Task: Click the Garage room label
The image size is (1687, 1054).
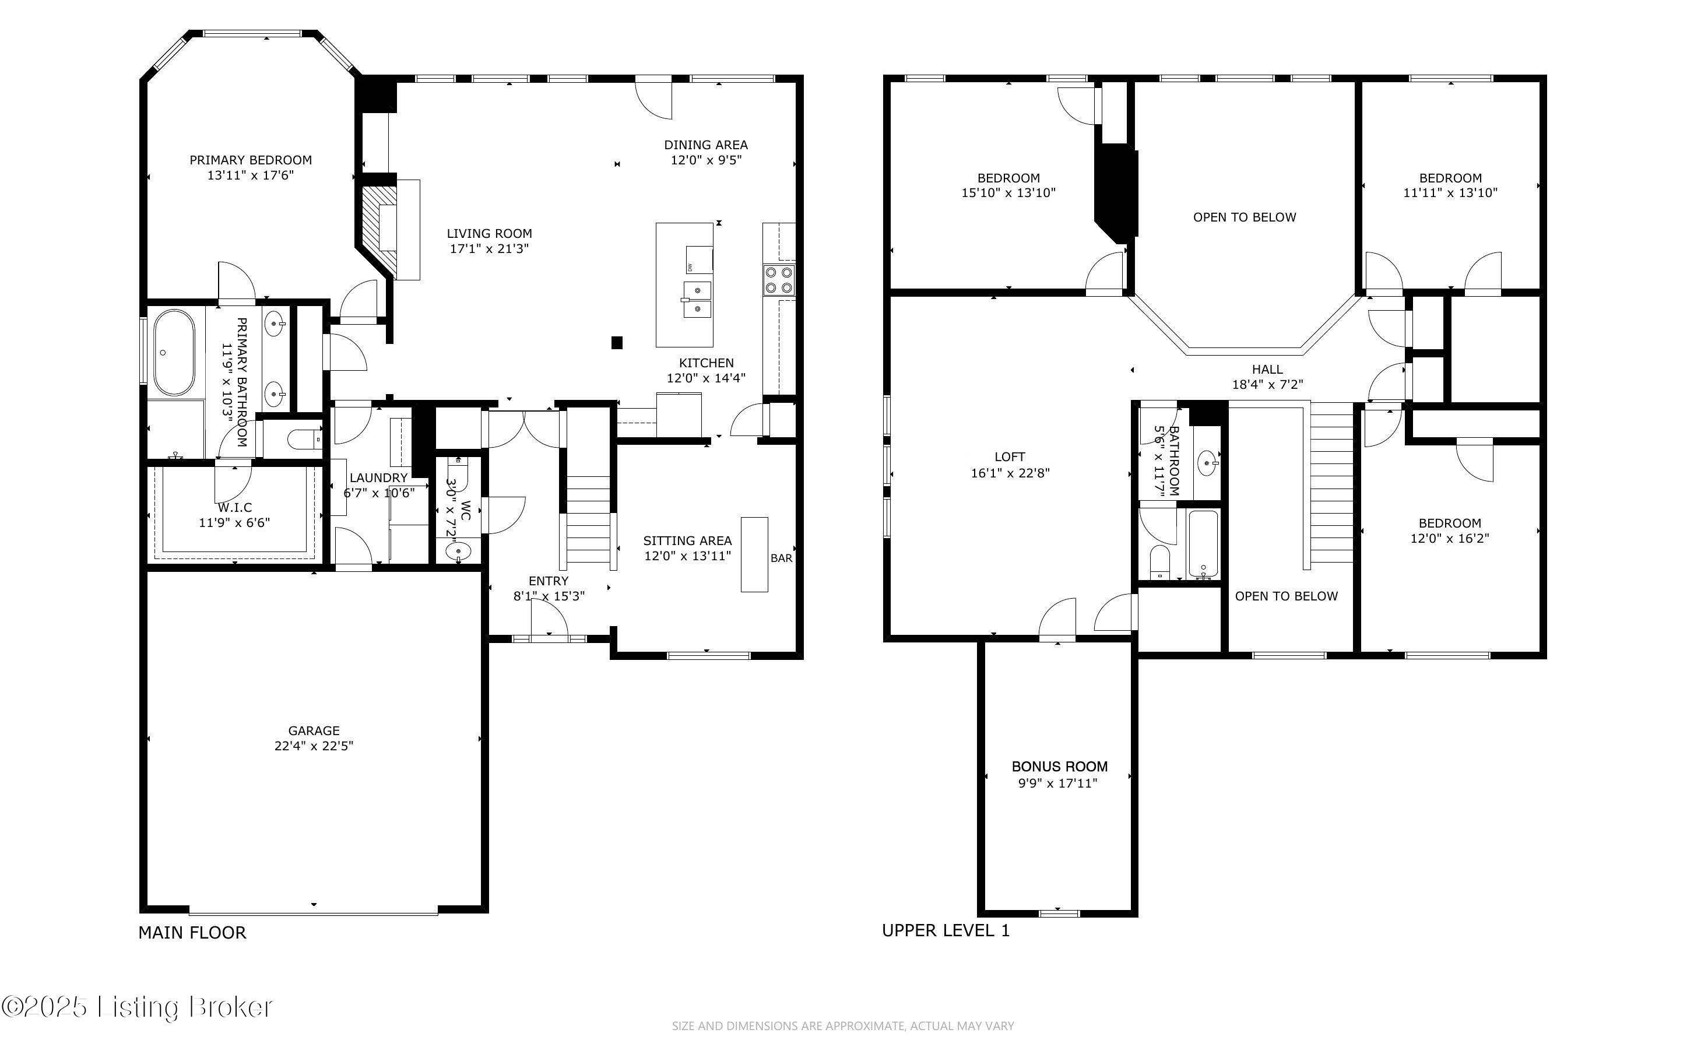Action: (314, 730)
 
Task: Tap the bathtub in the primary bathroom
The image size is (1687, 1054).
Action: (174, 353)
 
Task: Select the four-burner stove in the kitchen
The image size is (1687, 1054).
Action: (778, 280)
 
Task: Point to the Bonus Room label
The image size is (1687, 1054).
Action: (1059, 767)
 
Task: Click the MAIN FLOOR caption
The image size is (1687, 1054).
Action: (192, 933)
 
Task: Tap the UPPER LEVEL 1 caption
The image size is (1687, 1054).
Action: (946, 930)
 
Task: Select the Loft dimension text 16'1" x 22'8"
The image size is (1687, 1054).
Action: (1010, 473)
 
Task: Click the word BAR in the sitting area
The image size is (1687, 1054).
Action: (781, 558)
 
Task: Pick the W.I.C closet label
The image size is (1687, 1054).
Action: (235, 508)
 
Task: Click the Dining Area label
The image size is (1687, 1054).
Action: (706, 145)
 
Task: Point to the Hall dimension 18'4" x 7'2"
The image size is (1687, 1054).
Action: (1267, 384)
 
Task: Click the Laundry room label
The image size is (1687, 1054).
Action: (378, 477)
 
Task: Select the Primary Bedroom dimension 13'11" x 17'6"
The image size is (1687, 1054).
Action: (250, 175)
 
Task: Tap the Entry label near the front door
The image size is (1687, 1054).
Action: (549, 581)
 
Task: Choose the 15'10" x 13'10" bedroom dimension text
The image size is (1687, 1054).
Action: (1008, 193)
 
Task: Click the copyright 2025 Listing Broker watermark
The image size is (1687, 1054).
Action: (136, 1007)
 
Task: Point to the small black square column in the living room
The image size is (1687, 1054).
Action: (617, 342)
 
